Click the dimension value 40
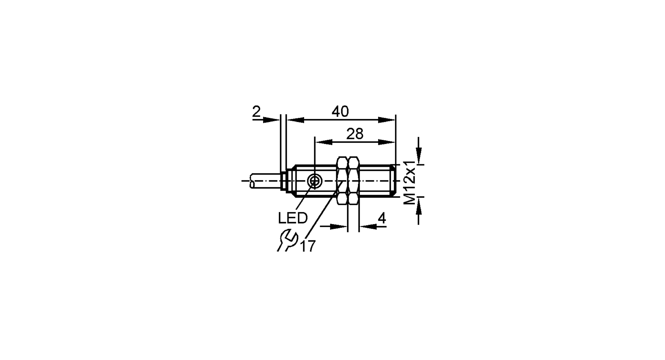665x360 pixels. point(340,112)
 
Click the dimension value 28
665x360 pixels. point(355,134)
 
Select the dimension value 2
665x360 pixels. point(256,112)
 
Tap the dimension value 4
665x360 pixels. point(382,218)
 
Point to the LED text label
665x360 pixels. point(293,218)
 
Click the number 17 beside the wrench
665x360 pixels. point(308,246)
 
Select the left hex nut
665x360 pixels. point(342,181)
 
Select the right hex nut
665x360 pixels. point(354,181)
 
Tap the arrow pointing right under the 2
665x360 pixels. point(271,120)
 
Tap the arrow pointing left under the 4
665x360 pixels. point(368,226)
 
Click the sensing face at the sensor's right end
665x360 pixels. point(395,181)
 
